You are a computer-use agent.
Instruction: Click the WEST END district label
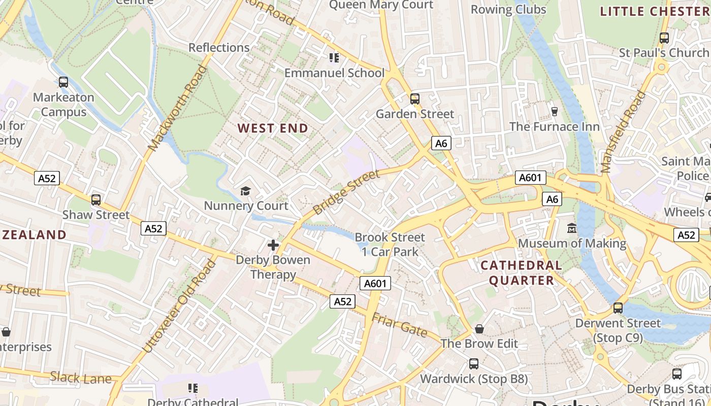(273, 128)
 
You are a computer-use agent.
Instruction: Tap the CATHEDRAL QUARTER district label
(521, 273)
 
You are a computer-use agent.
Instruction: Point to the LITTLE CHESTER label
(654, 11)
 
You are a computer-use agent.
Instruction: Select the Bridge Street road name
(346, 193)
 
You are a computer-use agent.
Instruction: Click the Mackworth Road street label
(178, 108)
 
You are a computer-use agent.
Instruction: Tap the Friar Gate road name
(399, 325)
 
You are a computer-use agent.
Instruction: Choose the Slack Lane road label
(81, 378)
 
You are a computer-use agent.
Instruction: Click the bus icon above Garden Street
(415, 99)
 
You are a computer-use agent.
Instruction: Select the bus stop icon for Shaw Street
(96, 200)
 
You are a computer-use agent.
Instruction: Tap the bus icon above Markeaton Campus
(63, 82)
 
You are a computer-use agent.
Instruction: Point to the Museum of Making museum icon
(572, 228)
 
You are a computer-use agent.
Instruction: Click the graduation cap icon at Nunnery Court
(246, 191)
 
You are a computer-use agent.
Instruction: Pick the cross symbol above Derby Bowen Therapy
(273, 246)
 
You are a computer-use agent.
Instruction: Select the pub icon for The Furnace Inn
(554, 111)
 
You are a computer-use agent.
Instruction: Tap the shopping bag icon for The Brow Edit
(479, 329)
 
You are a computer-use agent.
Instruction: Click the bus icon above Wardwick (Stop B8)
(474, 364)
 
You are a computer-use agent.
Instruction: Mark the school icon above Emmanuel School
(334, 58)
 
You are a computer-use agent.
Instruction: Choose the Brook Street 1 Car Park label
(390, 244)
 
